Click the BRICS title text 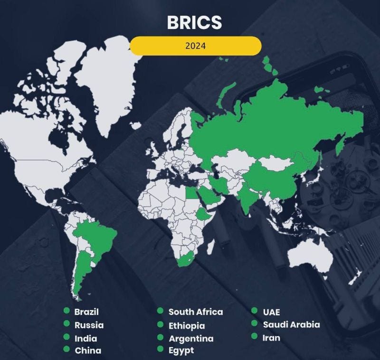pos(195,22)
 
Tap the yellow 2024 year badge pos(196,46)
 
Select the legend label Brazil pos(86,312)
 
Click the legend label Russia pos(89,325)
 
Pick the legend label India pos(85,338)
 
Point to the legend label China pos(88,351)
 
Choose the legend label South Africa pos(196,312)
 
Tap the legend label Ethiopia pos(187,325)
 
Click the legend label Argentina pos(191,338)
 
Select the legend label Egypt pos(181,351)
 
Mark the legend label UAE pos(271,312)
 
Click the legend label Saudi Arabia pos(291,325)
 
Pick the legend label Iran pos(271,338)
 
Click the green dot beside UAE pos(255,312)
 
